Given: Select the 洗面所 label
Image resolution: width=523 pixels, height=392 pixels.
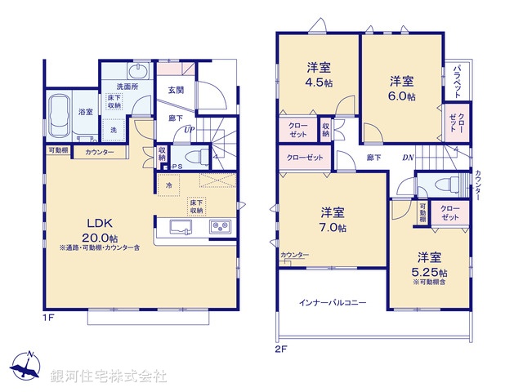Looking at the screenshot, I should (x=127, y=87).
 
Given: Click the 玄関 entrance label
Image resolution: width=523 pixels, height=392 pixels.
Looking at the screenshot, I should (x=177, y=90).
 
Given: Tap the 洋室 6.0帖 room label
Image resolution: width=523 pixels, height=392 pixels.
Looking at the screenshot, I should (x=401, y=87).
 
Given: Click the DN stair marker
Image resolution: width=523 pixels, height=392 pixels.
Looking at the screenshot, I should (x=408, y=158).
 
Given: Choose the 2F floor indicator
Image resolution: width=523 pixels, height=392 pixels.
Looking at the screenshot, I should (x=282, y=349).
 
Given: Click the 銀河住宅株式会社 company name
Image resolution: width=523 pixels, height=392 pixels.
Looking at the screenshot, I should (x=108, y=376).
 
